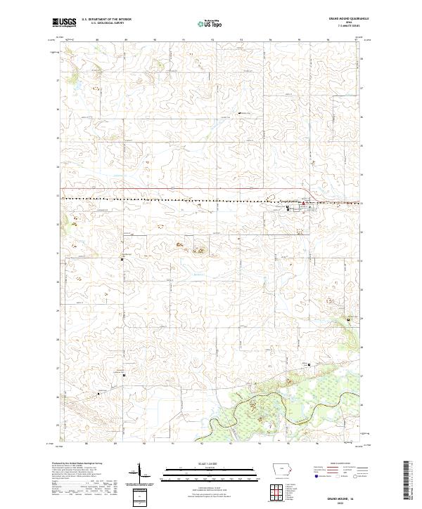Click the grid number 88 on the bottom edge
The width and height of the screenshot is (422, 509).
[86, 444]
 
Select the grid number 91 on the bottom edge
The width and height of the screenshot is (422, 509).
[172, 444]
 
